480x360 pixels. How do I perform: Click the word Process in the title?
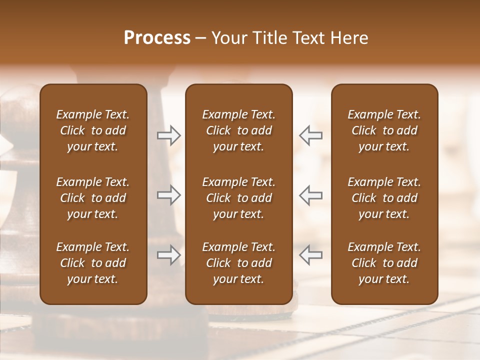point(157,38)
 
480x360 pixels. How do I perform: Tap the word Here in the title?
point(349,38)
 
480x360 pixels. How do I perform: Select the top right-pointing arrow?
point(168,135)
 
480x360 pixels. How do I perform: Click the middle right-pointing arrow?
point(168,195)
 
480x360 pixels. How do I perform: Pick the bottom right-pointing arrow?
point(168,255)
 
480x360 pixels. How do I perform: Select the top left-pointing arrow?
point(311,135)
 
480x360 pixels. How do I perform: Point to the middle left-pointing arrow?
point(311,195)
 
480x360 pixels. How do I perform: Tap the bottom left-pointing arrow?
point(311,255)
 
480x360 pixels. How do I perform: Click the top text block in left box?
point(93,130)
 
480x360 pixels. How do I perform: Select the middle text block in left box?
point(93,198)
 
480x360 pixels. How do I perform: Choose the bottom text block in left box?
point(93,263)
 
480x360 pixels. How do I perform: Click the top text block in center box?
point(238,130)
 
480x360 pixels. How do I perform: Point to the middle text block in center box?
point(238,198)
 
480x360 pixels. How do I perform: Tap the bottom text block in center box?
point(238,263)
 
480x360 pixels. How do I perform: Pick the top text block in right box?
point(384,130)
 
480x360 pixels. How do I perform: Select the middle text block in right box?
point(384,198)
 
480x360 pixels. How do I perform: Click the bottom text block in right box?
point(384,263)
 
